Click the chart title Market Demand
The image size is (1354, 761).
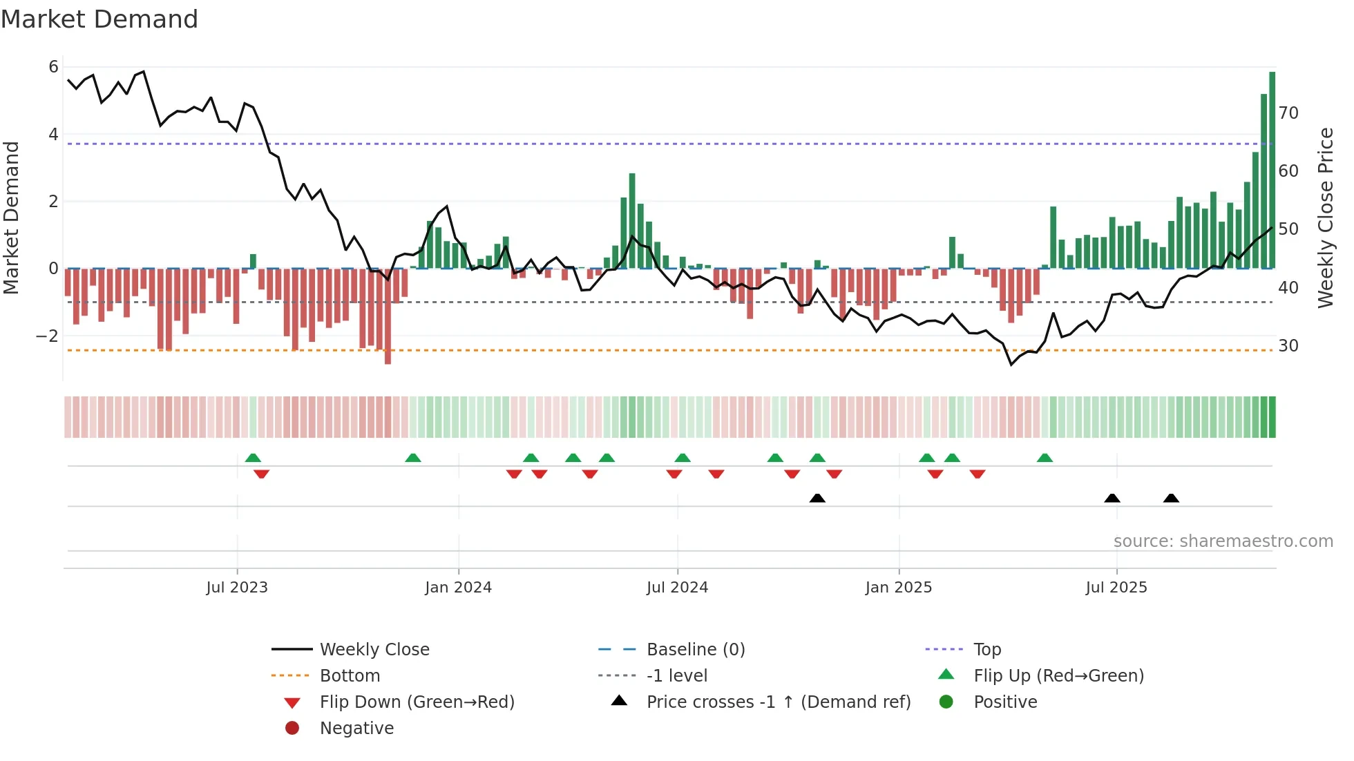[x=99, y=19]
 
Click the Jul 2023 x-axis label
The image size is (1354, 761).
[x=237, y=588]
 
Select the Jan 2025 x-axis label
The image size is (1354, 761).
[x=898, y=588]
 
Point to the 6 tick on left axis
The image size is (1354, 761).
[x=53, y=67]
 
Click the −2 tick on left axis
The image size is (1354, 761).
[x=48, y=336]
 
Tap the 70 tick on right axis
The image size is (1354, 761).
[x=1288, y=113]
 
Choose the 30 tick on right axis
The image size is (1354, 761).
[x=1288, y=346]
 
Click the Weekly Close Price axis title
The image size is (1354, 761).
[x=1325, y=218]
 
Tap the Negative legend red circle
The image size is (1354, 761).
[x=292, y=729]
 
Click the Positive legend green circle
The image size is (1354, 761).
[x=946, y=702]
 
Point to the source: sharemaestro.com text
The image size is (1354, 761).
[x=1223, y=541]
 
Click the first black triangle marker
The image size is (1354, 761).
[x=817, y=498]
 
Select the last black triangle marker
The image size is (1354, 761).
[x=1171, y=498]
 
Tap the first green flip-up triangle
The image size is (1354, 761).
[x=253, y=458]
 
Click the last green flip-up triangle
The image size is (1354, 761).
[x=1045, y=458]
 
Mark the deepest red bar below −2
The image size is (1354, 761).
[x=388, y=318]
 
